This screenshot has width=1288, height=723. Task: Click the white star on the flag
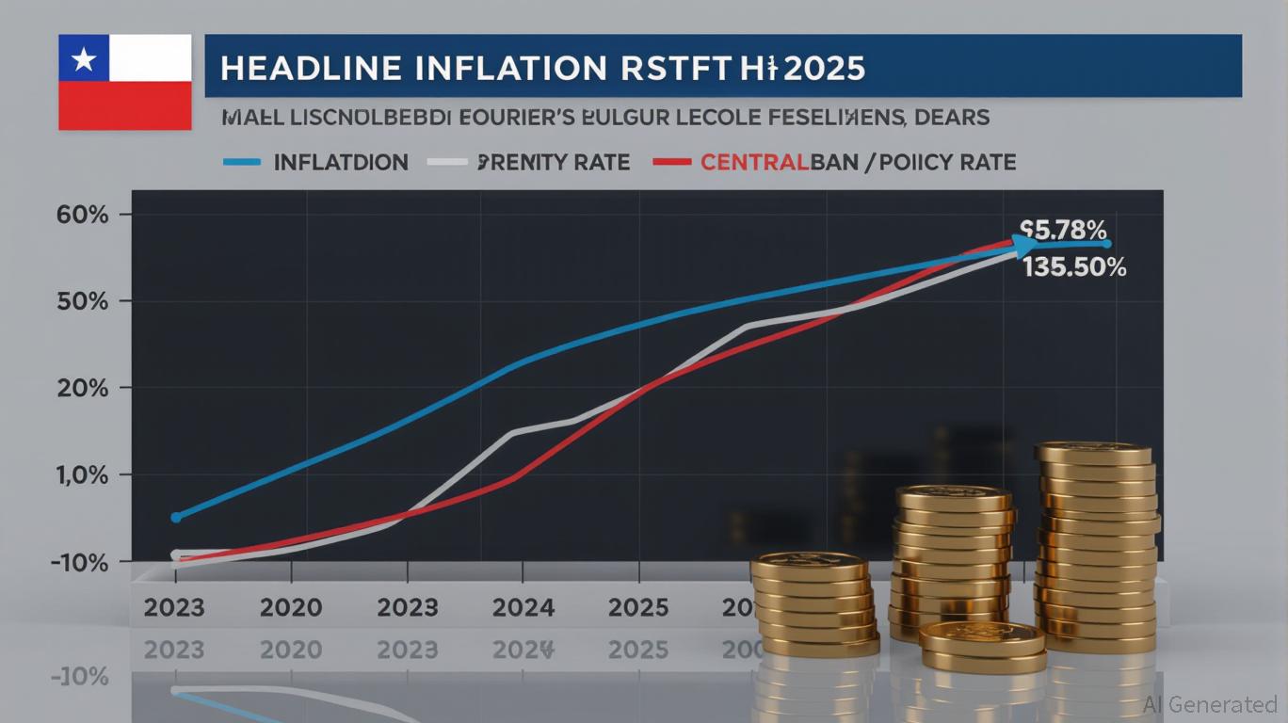point(84,61)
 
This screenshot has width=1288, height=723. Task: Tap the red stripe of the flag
point(124,104)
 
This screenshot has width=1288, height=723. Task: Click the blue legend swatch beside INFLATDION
point(241,162)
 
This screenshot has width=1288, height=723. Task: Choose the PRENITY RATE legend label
point(555,162)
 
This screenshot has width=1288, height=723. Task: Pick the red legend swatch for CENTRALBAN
point(672,162)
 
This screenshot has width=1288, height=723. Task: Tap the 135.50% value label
point(1074,267)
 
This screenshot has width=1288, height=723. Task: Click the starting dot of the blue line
point(175,517)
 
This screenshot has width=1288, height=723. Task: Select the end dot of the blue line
point(1107,244)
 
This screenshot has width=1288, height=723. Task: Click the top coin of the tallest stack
point(1093,453)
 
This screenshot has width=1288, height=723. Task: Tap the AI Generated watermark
point(1210,704)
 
